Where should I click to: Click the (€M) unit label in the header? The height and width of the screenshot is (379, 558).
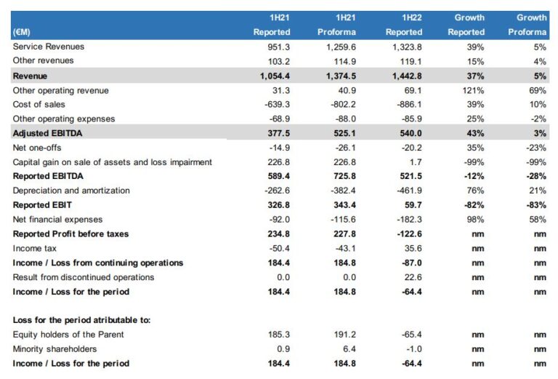[21, 32]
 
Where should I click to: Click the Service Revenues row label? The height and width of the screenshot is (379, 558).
[49, 47]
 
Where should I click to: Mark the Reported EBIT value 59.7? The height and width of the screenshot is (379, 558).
[412, 205]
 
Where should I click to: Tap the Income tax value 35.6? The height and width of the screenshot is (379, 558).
[412, 249]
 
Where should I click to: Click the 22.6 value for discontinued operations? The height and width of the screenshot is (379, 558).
[412, 277]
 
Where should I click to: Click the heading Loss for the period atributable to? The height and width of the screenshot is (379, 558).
[81, 320]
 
